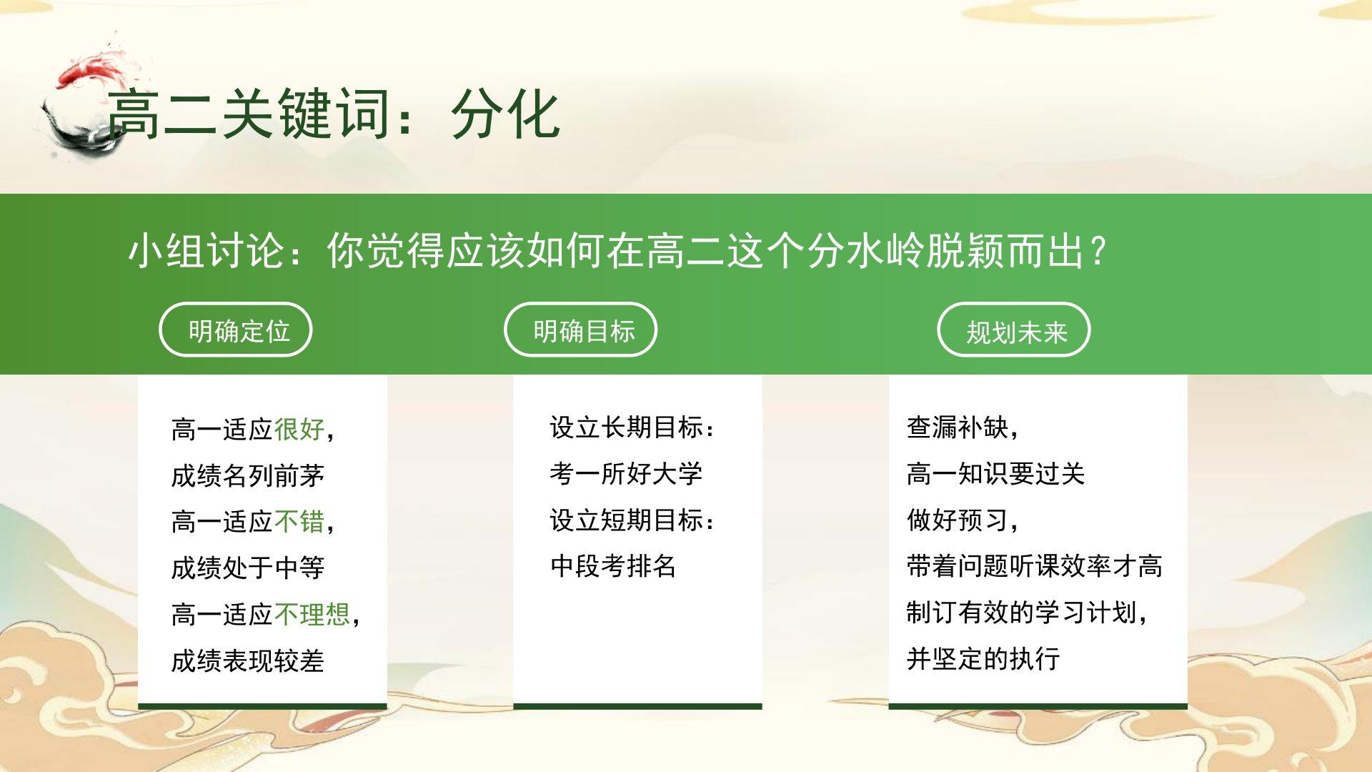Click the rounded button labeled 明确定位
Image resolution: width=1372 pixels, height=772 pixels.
[x=236, y=330]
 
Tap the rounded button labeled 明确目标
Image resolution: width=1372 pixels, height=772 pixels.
[x=581, y=330]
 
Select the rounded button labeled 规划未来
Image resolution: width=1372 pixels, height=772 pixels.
[x=1014, y=330]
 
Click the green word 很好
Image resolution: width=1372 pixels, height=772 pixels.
[x=299, y=429]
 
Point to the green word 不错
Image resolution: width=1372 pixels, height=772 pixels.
[x=299, y=521]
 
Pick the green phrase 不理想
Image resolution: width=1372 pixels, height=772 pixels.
[x=312, y=614]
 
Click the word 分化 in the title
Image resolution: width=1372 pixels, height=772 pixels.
[x=505, y=114]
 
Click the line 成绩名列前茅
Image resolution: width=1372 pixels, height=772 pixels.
[x=248, y=475]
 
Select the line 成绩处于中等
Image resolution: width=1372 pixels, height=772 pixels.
[x=248, y=568]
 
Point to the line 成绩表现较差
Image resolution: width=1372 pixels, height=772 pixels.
[x=248, y=660]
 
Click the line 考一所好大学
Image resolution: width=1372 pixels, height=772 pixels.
[x=627, y=473]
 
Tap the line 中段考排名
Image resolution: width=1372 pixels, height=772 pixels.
[x=613, y=565]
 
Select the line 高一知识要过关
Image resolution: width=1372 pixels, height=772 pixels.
[x=996, y=473]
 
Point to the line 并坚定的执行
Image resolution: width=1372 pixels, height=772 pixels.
[x=983, y=658]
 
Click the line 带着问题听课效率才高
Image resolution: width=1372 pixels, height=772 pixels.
[x=1035, y=565]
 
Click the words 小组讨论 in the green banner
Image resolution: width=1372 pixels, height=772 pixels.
[x=207, y=251]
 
